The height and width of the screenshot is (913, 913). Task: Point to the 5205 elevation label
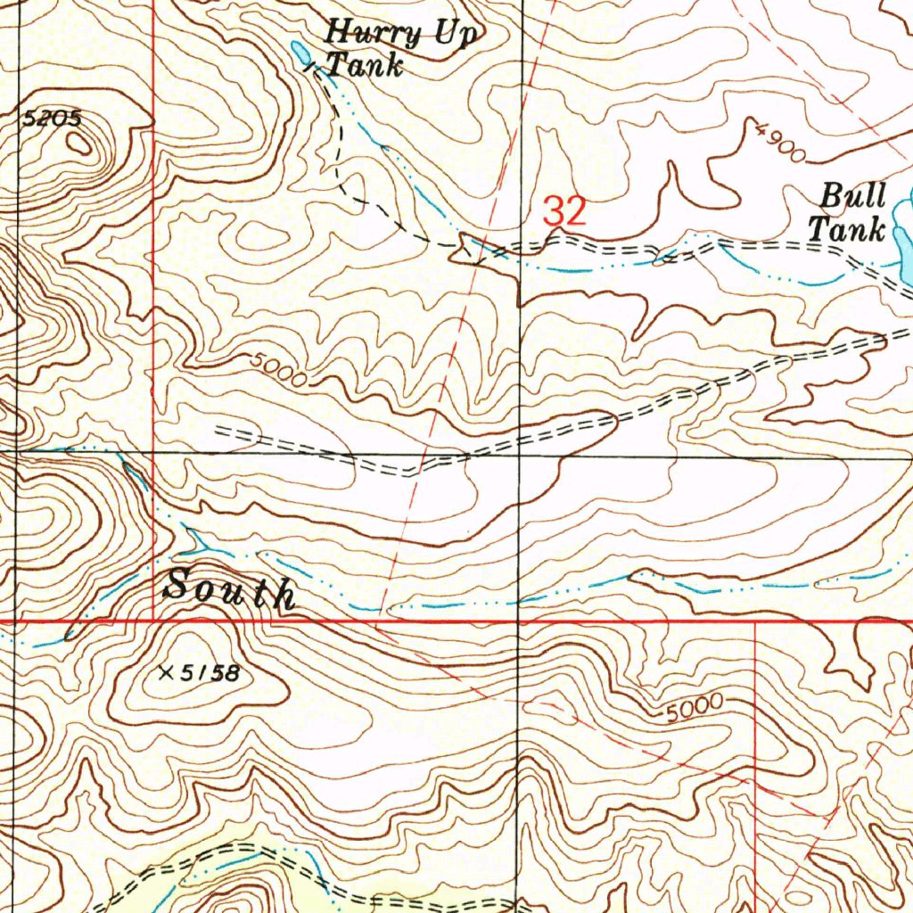(x=51, y=118)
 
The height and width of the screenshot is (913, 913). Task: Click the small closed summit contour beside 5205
(x=79, y=144)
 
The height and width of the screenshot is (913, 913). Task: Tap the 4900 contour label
(x=780, y=144)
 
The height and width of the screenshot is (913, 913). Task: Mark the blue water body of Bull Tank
(x=902, y=241)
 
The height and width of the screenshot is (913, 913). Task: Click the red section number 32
(x=565, y=212)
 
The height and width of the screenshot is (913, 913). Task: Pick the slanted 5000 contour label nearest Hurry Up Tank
(x=278, y=369)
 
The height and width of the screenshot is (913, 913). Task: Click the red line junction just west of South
(x=153, y=619)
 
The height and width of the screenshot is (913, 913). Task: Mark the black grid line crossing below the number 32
(x=520, y=454)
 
